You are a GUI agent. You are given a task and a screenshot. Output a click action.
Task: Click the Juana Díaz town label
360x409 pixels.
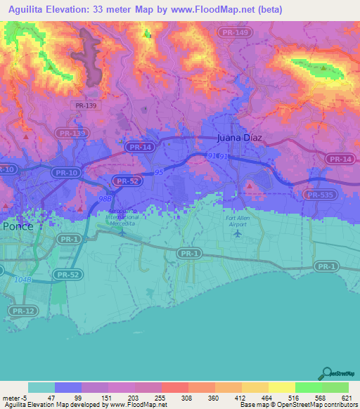[x=240, y=138]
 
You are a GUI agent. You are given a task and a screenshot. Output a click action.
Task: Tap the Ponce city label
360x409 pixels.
[x=18, y=227]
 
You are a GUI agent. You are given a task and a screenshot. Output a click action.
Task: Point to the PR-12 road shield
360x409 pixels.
[x=22, y=310]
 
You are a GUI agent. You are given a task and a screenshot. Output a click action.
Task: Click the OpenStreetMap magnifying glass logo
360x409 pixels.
[x=326, y=372]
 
